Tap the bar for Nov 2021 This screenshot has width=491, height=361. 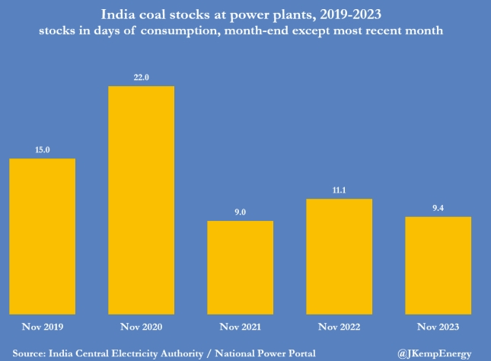[x=240, y=266]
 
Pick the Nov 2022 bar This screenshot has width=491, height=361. [x=340, y=254]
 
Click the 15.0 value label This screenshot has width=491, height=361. [x=42, y=151]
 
